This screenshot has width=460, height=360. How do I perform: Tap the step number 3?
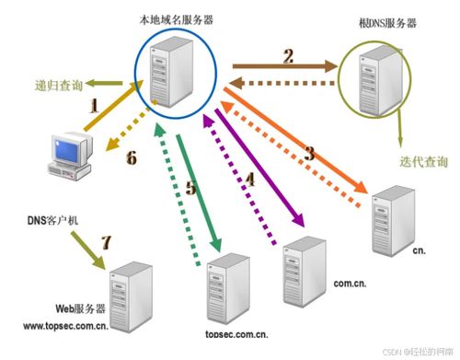[x=309, y=153]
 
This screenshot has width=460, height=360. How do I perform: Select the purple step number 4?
[x=249, y=180]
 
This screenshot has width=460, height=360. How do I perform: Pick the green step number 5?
[x=190, y=189]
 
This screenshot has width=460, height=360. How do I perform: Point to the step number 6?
[x=131, y=158]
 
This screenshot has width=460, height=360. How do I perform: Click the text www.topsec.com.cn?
[x=64, y=325]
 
